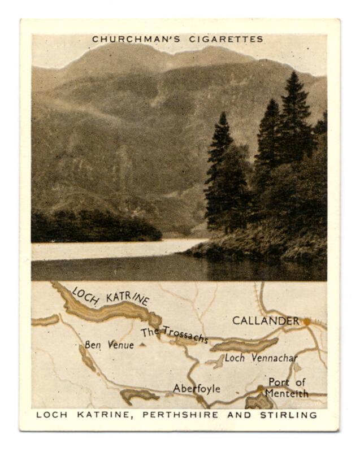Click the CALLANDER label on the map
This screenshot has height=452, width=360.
265,321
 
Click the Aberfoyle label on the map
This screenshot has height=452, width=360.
196,389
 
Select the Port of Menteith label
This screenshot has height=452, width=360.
288,388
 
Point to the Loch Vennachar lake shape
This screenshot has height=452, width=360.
244,345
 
